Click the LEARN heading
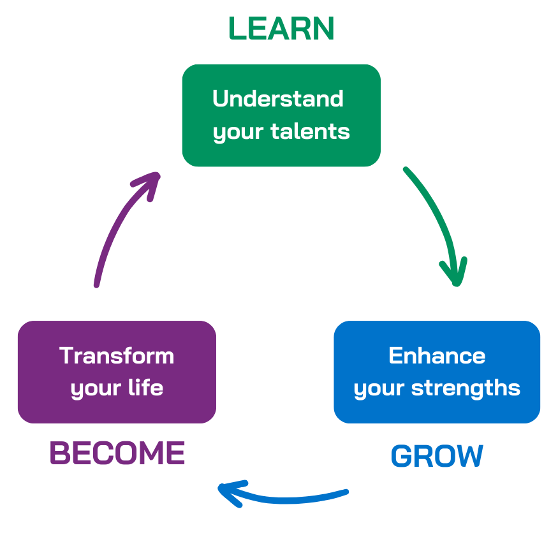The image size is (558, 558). point(281,29)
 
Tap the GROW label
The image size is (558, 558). point(437,457)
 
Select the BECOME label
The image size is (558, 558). point(117,453)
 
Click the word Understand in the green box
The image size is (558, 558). point(278,99)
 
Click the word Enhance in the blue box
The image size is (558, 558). point(437,355)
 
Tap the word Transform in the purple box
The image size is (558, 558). point(117,355)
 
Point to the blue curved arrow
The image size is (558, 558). point(287,498)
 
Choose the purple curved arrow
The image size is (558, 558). point(118,223)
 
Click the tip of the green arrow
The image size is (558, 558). point(457,284)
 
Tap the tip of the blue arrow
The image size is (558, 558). point(219,490)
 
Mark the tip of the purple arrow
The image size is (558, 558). point(157,173)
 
